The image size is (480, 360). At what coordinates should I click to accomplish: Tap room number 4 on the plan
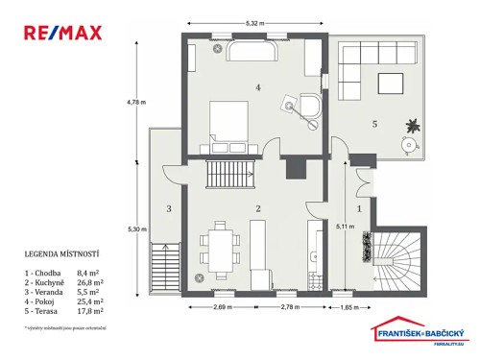click(257, 87)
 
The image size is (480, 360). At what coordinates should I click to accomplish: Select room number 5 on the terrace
click(376, 123)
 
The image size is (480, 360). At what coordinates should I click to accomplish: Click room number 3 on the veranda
click(168, 208)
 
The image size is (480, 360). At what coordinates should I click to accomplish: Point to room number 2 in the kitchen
click(257, 208)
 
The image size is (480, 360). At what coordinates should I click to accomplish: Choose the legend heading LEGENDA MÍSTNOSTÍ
click(62, 254)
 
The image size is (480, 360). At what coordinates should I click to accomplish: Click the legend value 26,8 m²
click(89, 284)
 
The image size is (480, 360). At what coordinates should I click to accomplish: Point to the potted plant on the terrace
click(412, 124)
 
